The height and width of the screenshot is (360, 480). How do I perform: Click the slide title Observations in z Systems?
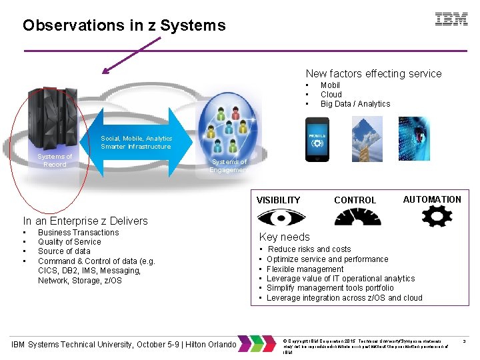(x=124, y=26)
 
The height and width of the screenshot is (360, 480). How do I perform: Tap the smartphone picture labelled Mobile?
(x=317, y=141)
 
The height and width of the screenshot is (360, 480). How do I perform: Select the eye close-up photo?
(x=414, y=141)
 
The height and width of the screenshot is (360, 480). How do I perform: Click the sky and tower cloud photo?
(x=366, y=141)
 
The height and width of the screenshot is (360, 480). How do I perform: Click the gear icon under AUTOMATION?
(x=432, y=217)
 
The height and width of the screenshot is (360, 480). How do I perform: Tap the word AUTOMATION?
(x=432, y=199)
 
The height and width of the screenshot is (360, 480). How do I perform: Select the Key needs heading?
(x=284, y=237)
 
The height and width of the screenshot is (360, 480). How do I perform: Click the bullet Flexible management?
(x=305, y=269)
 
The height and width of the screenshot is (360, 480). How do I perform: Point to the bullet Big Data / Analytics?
(x=355, y=104)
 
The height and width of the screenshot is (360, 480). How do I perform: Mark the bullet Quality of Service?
(x=69, y=242)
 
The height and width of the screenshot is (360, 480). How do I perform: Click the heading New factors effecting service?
(x=373, y=73)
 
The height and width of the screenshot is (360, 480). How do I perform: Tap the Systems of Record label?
(x=55, y=161)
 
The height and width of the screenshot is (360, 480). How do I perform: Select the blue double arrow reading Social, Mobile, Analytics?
(x=136, y=143)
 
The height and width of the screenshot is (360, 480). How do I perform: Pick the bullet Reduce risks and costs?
(x=309, y=249)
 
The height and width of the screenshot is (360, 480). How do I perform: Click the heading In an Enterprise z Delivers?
(x=85, y=221)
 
